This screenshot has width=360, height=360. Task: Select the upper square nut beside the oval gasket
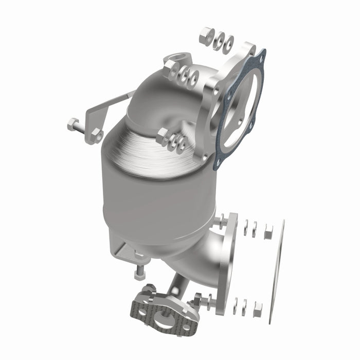(267, 233)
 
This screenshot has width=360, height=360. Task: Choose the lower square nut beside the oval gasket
(258, 309)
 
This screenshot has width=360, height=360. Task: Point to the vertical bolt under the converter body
(139, 267)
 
